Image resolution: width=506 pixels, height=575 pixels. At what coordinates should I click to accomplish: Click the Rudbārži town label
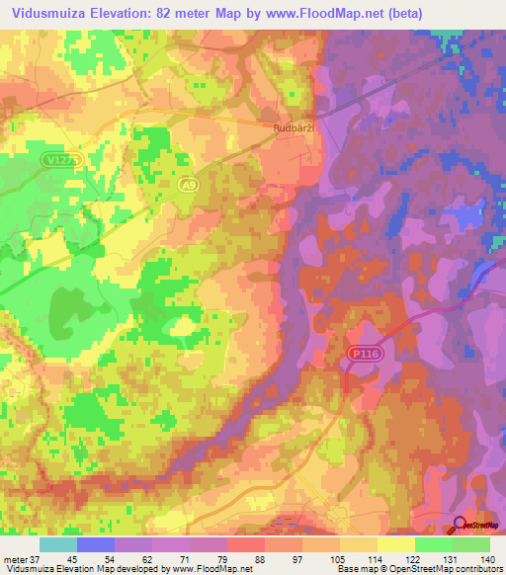pos(295,126)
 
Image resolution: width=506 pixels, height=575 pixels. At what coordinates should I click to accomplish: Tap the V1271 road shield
pos(59,159)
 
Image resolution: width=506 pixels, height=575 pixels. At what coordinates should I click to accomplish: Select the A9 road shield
pos(189,183)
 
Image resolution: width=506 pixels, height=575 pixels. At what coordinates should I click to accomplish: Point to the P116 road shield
pos(362,353)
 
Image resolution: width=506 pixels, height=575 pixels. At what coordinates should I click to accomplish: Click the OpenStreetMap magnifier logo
pos(462,529)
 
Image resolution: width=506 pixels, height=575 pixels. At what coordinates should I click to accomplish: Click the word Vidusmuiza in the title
pos(47,14)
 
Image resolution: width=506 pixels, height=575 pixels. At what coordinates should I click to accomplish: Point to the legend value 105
pos(340,559)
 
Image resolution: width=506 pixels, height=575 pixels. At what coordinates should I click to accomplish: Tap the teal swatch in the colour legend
pos(58,544)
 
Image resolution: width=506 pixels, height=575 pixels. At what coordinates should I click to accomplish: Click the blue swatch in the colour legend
pos(96,544)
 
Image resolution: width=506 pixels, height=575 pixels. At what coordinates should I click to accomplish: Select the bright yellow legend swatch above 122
pos(396,544)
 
